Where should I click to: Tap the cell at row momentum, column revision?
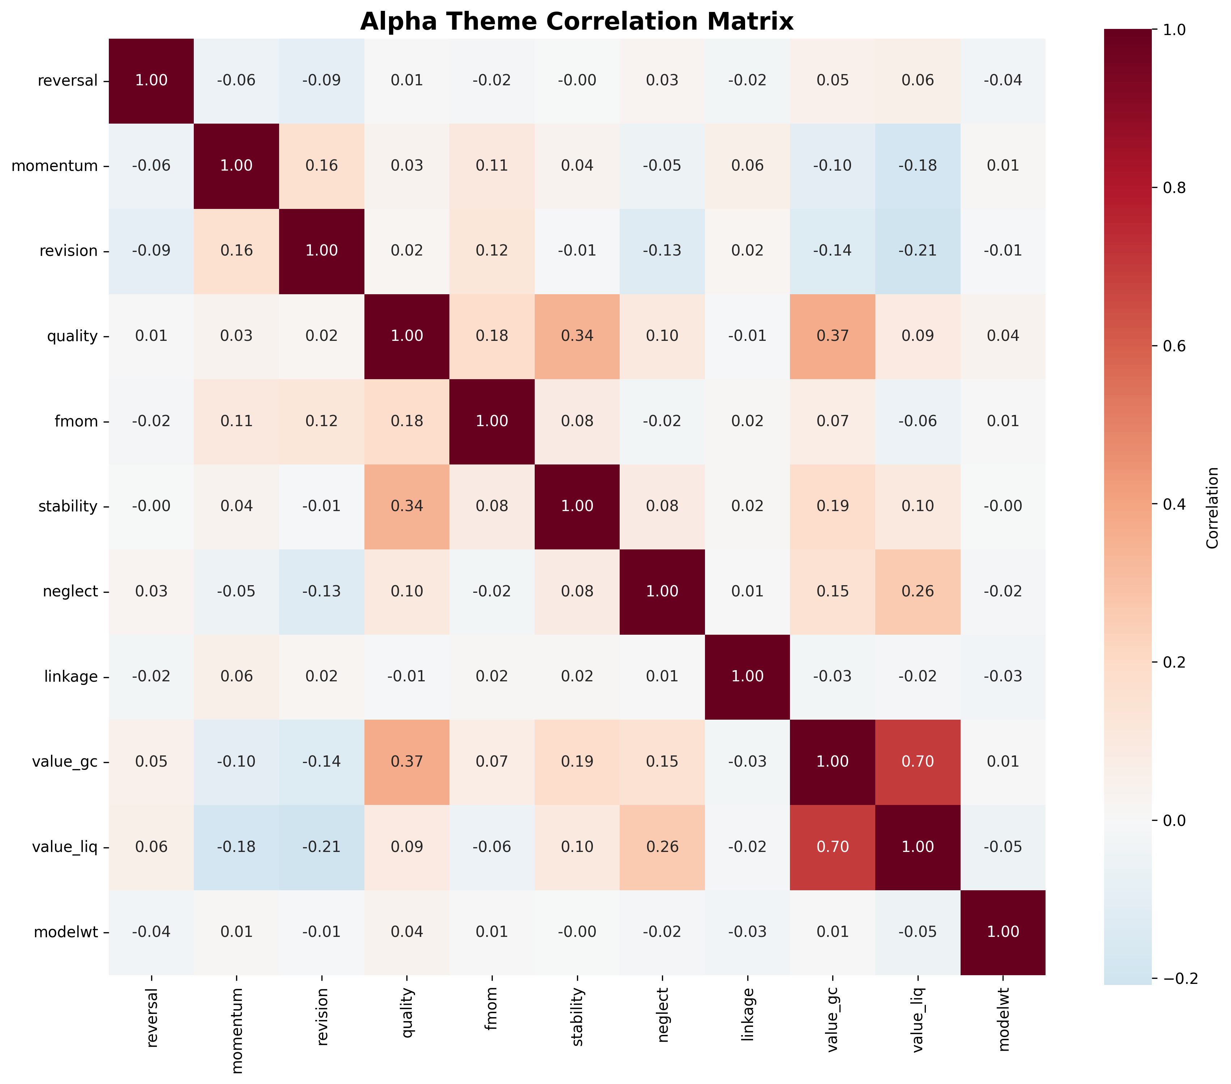[322, 166]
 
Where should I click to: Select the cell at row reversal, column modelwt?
[1003, 81]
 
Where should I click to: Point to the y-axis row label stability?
[68, 506]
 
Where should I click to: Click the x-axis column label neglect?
[662, 1018]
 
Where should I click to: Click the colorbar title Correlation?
[1213, 508]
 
